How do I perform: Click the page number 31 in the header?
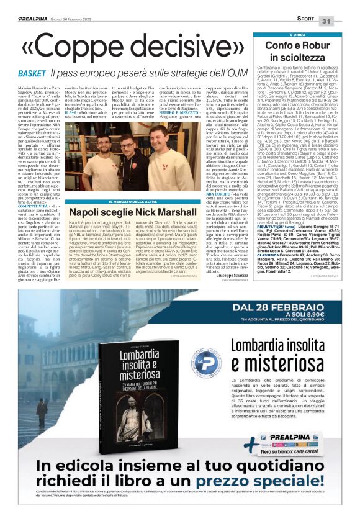344,6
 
